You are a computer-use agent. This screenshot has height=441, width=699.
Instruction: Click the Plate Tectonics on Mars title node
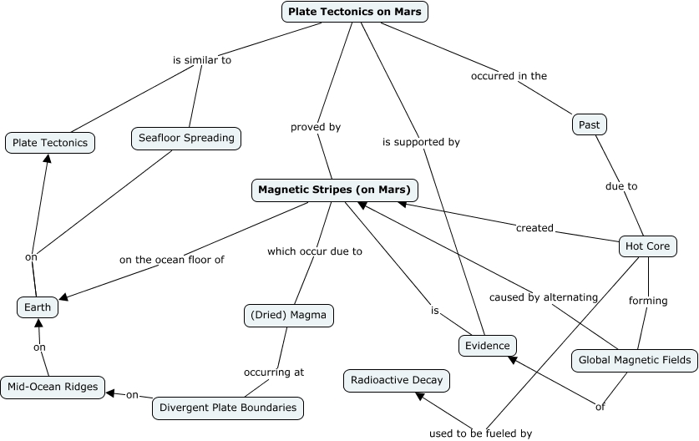point(356,12)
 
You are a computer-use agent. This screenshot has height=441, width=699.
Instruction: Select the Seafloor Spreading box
point(186,138)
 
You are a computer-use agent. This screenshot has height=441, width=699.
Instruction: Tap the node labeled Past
point(590,124)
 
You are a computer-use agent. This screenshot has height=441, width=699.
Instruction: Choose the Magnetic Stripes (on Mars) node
point(334,190)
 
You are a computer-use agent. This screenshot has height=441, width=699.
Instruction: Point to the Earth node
point(38,307)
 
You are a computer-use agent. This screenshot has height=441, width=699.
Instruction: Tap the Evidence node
point(488,345)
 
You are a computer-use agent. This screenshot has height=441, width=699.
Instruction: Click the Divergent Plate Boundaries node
point(228,408)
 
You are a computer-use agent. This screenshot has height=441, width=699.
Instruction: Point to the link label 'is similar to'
point(201,60)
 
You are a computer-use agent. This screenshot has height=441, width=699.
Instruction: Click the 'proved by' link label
point(316,127)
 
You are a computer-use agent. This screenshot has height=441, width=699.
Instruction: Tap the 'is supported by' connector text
point(421,142)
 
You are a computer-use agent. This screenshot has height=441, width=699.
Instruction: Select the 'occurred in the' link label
point(509,76)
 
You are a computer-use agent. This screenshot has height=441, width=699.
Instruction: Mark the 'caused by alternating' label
point(544,297)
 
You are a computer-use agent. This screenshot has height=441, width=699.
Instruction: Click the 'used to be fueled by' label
point(480,433)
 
